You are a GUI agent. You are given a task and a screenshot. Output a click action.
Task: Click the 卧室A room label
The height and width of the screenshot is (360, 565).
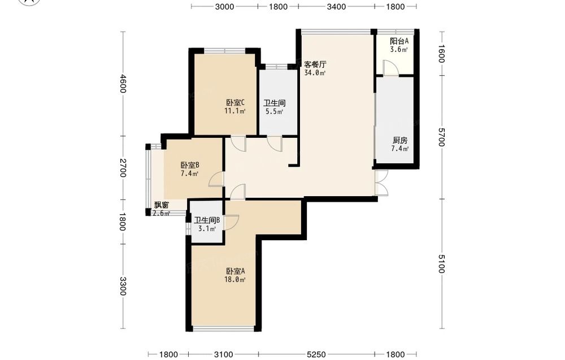click(236, 271)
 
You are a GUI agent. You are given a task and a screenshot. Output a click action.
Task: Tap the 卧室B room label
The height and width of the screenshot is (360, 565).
click(190, 166)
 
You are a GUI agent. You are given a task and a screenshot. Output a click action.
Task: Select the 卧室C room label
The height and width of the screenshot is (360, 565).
click(236, 103)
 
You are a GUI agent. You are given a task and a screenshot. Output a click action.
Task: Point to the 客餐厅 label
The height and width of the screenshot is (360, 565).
click(315, 64)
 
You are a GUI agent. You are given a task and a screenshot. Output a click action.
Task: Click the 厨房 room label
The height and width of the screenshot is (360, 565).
click(400, 140)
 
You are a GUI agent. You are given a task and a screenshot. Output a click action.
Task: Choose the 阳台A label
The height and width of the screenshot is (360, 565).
click(399, 41)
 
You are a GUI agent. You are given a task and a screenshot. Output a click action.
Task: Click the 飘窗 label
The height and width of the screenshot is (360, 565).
click(162, 205)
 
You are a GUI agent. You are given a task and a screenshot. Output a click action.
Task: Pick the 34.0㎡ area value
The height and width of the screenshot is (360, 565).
click(315, 73)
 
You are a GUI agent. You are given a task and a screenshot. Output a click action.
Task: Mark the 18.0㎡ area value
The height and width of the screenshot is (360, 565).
click(236, 280)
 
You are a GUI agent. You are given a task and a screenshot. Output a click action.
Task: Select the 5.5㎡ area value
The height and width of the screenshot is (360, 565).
click(274, 111)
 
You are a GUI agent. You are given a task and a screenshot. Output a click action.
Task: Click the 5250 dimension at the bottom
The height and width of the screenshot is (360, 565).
click(316, 354)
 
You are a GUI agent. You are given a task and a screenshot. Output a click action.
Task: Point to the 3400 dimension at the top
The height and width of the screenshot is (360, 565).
click(336, 6)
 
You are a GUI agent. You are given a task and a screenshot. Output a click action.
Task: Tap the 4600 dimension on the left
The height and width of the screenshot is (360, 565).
click(123, 84)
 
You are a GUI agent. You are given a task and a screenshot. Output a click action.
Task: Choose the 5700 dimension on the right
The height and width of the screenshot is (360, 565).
click(441, 137)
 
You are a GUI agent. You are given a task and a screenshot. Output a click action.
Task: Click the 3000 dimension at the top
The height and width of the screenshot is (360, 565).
click(224, 6)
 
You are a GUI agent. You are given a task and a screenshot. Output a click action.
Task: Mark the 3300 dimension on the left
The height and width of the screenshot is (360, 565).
click(123, 286)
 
